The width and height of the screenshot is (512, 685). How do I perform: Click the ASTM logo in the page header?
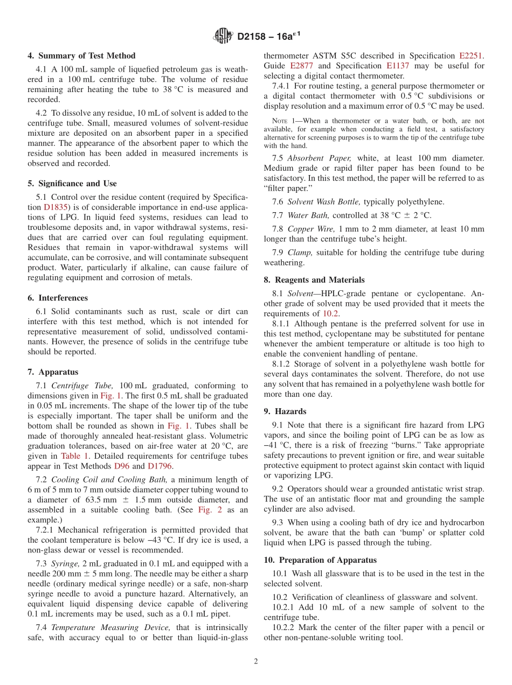click(x=222, y=37)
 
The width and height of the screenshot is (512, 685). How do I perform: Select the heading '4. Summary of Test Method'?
click(x=81, y=55)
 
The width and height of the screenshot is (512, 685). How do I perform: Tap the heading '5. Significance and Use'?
click(x=72, y=184)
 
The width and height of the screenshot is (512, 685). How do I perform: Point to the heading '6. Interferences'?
click(x=57, y=298)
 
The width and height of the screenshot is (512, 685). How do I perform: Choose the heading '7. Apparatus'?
click(x=53, y=372)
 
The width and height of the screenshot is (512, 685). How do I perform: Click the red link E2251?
click(x=471, y=55)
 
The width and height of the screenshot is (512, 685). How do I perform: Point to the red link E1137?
click(x=398, y=66)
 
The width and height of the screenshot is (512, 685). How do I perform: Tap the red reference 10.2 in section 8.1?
click(x=330, y=313)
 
